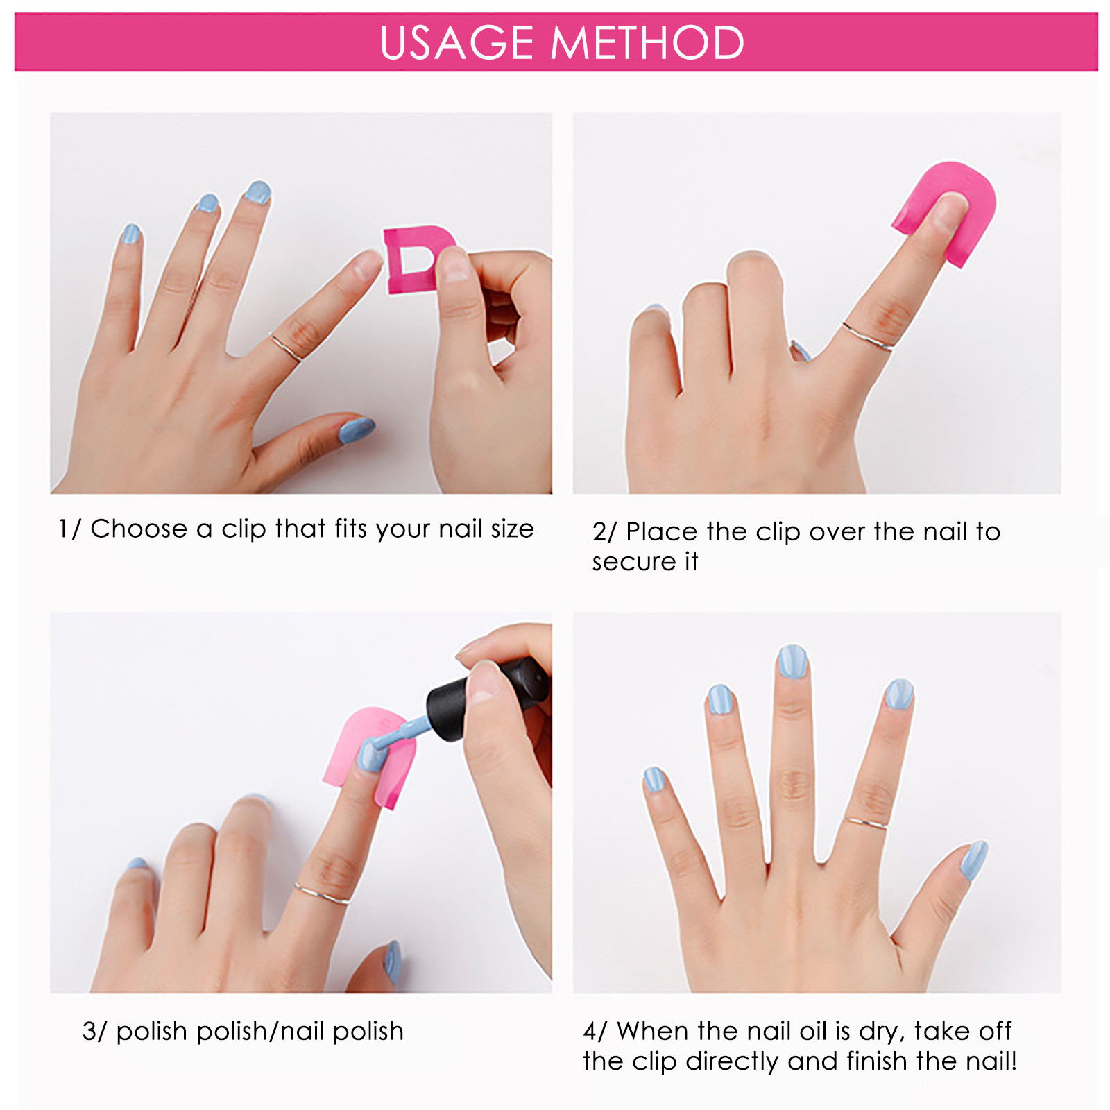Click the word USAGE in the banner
pos(456,43)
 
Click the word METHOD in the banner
pos(647,43)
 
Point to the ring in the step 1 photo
pos(286,348)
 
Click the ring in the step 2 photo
pos(868,336)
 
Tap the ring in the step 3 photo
pos(321,894)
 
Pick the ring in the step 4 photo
pos(864,823)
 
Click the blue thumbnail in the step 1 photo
pos(357,430)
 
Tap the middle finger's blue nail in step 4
pos(792,661)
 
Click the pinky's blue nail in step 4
pos(654,780)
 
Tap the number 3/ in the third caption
pos(95,1031)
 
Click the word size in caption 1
pos(513,529)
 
